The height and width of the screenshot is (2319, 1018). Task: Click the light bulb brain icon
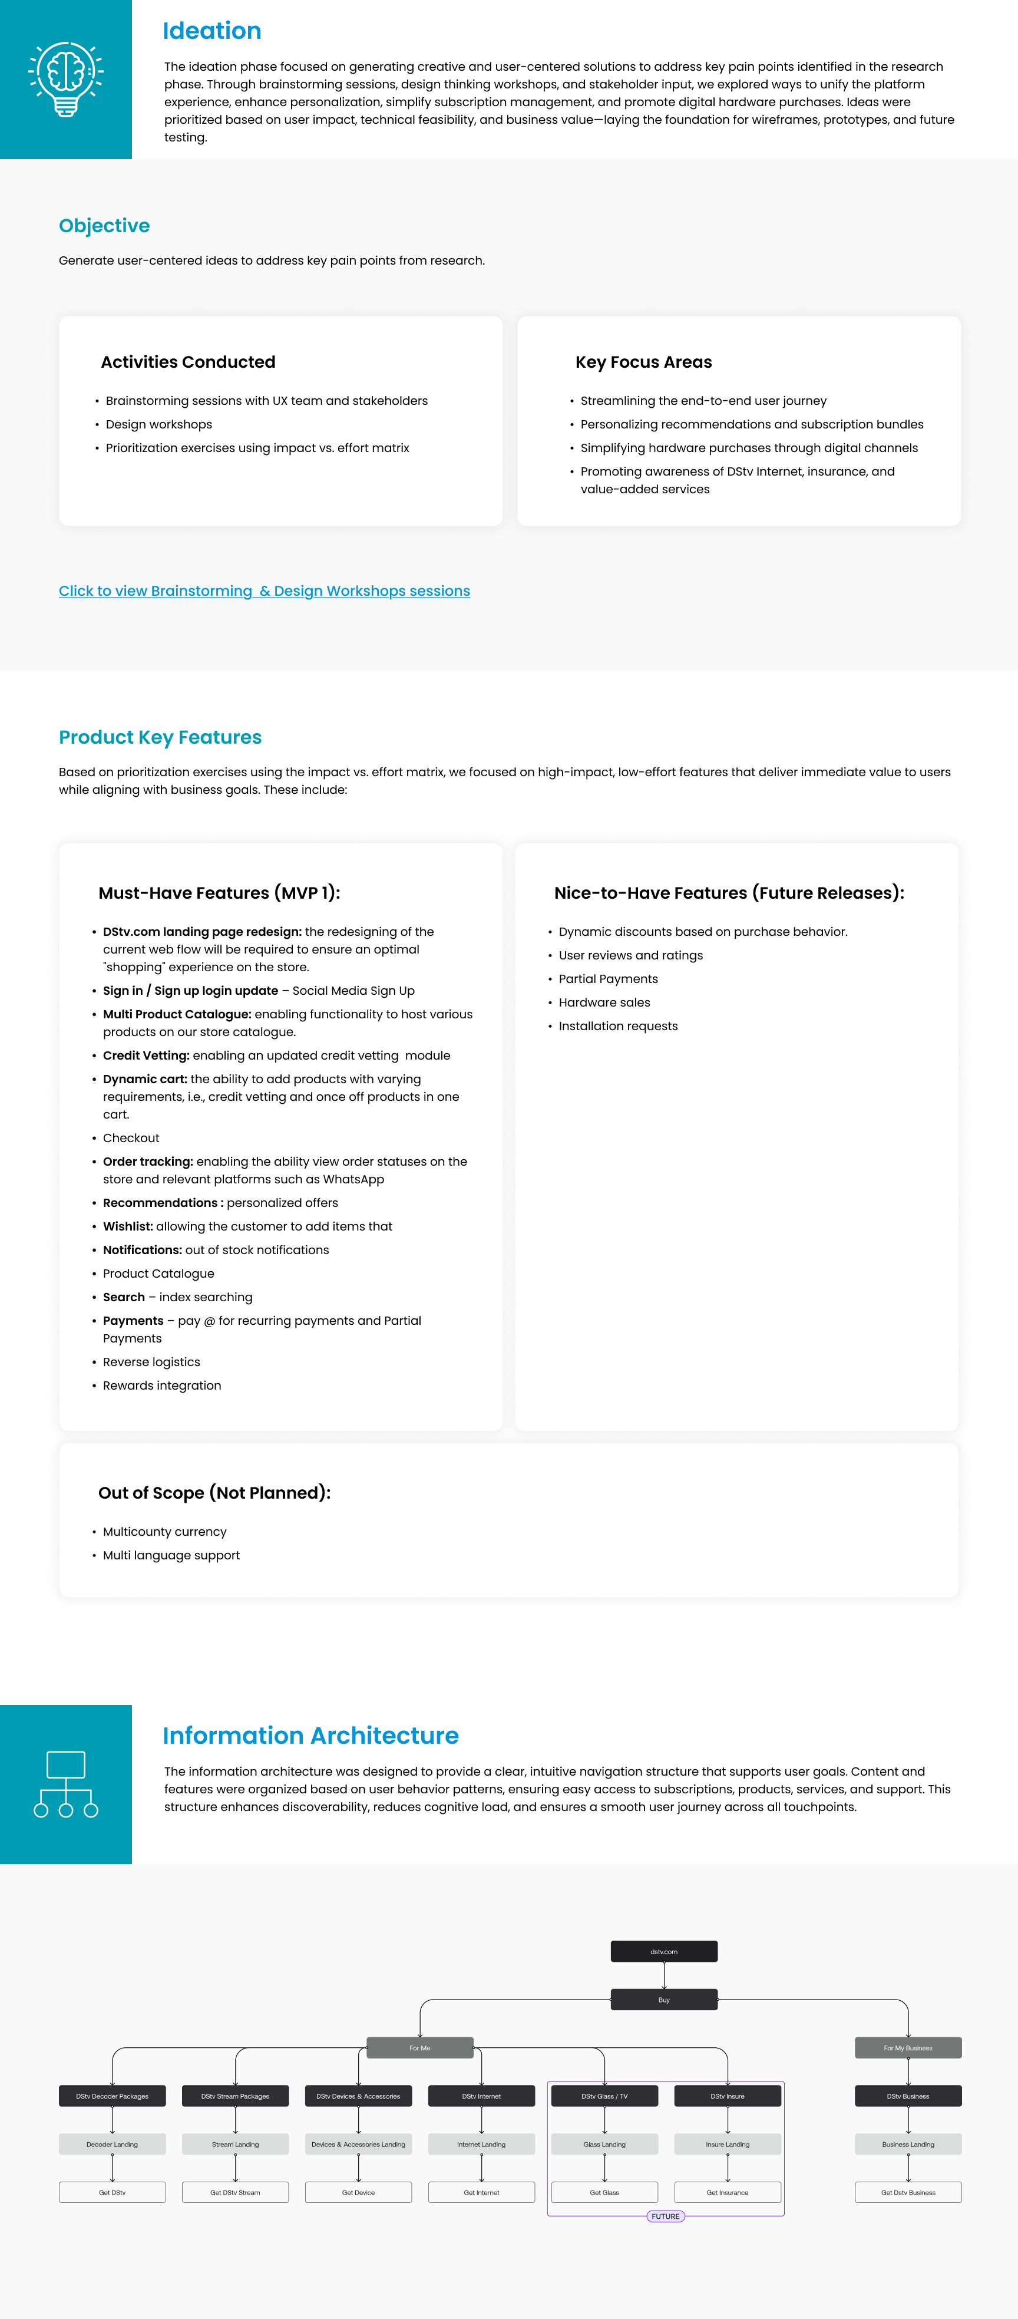(66, 78)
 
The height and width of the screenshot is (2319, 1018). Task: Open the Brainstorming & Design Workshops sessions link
(264, 591)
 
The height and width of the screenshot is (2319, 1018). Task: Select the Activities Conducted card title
(187, 362)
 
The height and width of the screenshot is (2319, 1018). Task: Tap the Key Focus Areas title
(643, 362)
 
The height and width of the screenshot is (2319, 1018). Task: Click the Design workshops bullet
(158, 424)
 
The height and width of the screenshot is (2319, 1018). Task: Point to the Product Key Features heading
(160, 737)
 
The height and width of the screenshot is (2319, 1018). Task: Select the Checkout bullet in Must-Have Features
(131, 1138)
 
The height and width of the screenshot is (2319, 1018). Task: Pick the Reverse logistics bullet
(151, 1362)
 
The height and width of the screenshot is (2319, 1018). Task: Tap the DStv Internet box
(481, 2096)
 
